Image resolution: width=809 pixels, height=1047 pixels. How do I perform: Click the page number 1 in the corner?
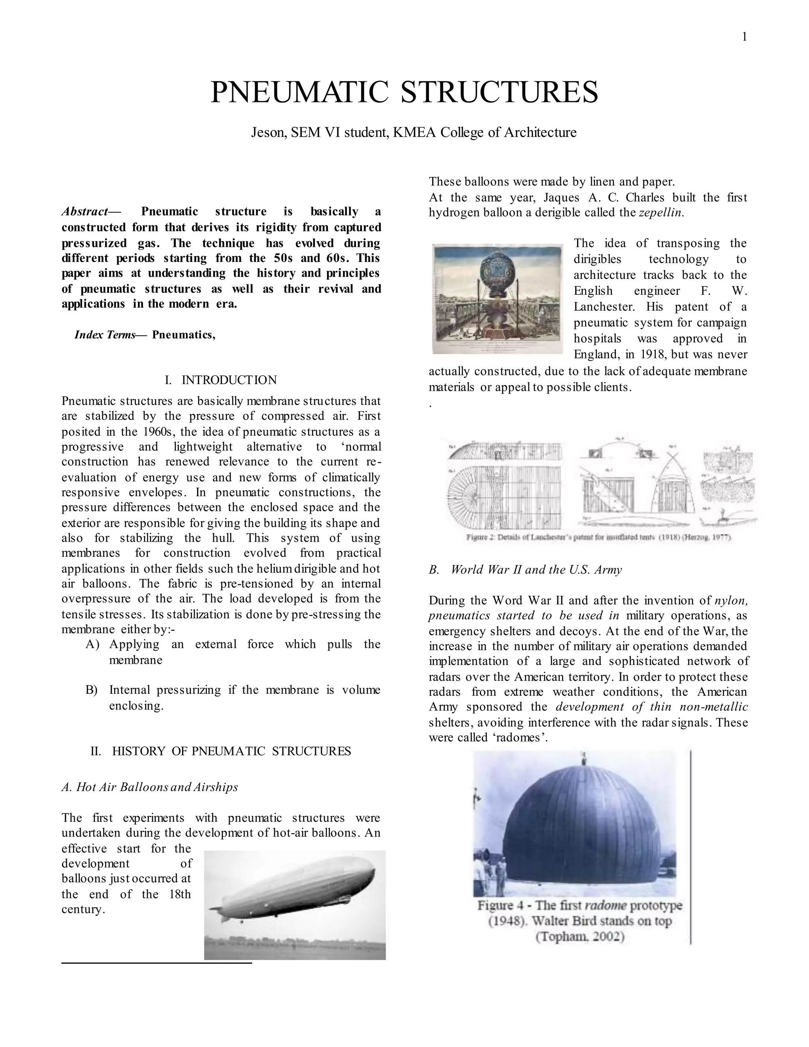[744, 37]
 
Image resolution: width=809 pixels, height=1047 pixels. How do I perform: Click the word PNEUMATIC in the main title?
[299, 92]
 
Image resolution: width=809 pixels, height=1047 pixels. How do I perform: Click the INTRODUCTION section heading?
[229, 380]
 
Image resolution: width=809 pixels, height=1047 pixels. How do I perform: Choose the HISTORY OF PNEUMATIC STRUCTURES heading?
[231, 751]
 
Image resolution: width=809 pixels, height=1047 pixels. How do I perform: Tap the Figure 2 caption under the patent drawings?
[598, 537]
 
